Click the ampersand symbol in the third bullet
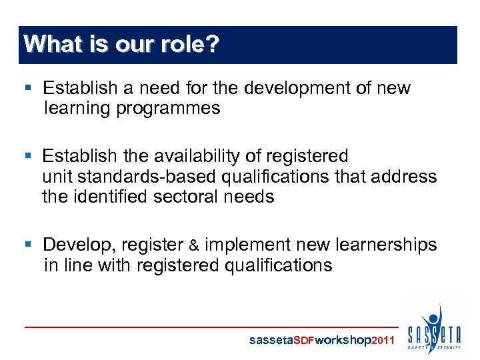point(193,245)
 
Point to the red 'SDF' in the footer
point(303,340)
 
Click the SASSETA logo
point(434,328)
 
